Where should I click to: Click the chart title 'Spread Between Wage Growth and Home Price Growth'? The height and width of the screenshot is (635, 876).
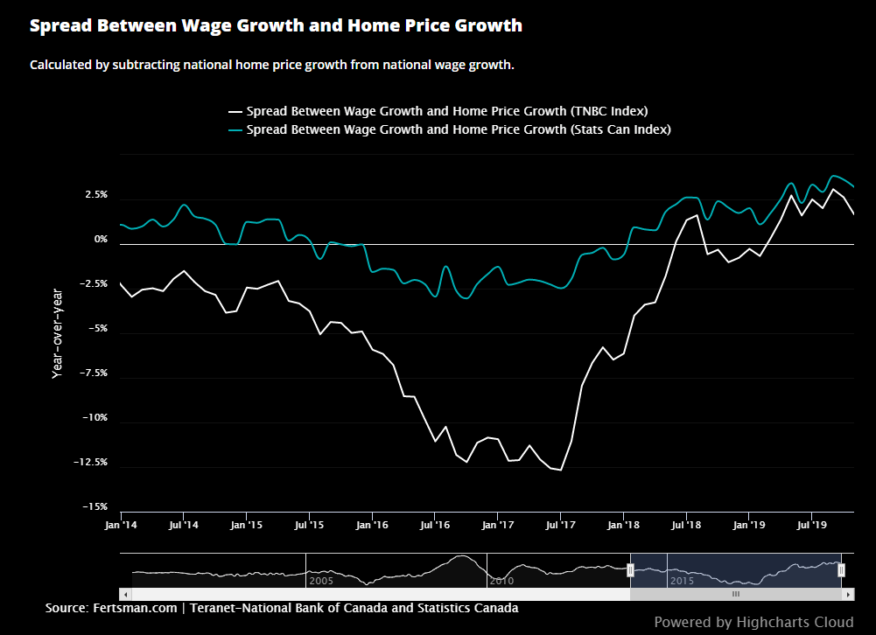click(276, 25)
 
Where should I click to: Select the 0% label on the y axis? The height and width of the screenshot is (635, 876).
click(101, 240)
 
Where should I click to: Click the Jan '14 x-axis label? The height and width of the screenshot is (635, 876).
click(120, 526)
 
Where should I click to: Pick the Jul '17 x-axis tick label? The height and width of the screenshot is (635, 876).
click(561, 526)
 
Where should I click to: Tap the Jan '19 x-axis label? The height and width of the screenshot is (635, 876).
click(749, 526)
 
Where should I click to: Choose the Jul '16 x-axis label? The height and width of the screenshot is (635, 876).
click(435, 526)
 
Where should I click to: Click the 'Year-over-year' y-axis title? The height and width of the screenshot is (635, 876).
click(58, 332)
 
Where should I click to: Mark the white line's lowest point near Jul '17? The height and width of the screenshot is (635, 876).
click(560, 471)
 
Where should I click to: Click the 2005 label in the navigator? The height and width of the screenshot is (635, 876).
click(321, 580)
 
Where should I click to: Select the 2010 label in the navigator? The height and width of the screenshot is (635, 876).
click(501, 580)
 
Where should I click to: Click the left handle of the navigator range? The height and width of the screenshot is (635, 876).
click(630, 570)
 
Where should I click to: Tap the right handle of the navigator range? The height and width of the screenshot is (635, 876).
click(841, 570)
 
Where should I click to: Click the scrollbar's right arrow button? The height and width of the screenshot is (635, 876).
click(848, 594)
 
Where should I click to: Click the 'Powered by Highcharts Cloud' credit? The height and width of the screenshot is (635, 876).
click(753, 622)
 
